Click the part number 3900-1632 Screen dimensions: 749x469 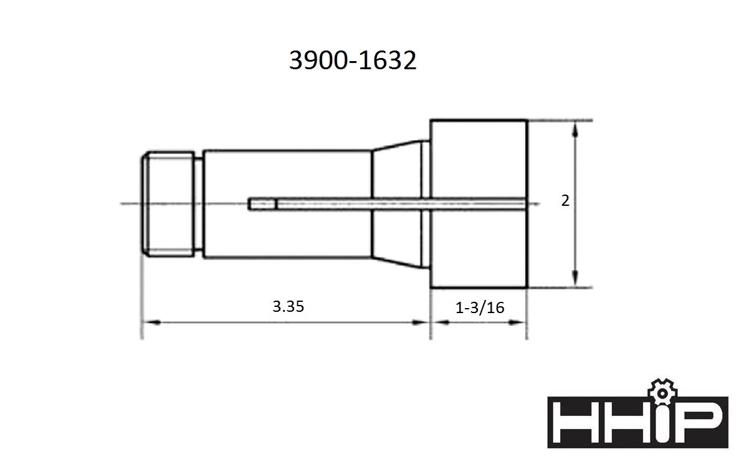353,60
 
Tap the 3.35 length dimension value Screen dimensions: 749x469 289,306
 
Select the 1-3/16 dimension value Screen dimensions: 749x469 480,307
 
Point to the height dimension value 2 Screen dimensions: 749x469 565,201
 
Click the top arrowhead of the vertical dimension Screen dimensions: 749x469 575,129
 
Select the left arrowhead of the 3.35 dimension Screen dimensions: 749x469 153,322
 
